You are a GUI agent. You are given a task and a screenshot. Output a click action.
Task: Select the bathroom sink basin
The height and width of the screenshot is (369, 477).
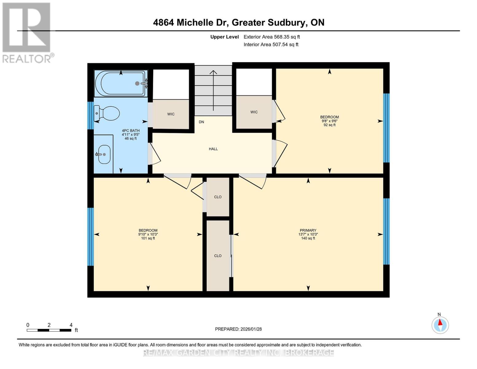(104, 154)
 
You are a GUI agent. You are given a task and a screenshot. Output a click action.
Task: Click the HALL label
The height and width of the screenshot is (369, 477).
(213, 149)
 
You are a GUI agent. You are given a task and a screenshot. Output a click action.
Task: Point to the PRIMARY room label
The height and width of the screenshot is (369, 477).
(308, 230)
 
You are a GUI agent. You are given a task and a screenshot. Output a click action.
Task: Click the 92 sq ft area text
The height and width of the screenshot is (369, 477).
(329, 125)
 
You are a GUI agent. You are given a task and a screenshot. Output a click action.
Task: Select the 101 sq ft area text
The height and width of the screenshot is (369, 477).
(148, 238)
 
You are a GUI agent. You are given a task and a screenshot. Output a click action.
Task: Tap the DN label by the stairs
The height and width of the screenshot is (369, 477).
(201, 122)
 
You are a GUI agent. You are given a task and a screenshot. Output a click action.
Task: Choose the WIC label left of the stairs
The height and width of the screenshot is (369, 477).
(171, 114)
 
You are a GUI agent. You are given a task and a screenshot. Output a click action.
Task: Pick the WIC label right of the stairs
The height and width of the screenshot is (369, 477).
(254, 112)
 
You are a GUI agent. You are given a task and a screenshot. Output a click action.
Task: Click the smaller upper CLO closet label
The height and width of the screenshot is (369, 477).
(218, 197)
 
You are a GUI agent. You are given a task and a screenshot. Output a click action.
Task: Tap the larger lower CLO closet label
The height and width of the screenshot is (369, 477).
(218, 256)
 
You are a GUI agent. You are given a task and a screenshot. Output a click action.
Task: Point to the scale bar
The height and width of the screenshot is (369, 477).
(49, 330)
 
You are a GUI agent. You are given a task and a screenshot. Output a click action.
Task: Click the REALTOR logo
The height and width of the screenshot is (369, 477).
(27, 32)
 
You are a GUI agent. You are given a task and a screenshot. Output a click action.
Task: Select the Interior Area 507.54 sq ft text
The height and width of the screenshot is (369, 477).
(271, 45)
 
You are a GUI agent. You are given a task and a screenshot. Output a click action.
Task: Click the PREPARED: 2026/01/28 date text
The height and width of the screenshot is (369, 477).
(238, 329)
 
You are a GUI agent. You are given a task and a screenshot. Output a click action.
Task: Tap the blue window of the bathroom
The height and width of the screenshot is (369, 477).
(90, 115)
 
